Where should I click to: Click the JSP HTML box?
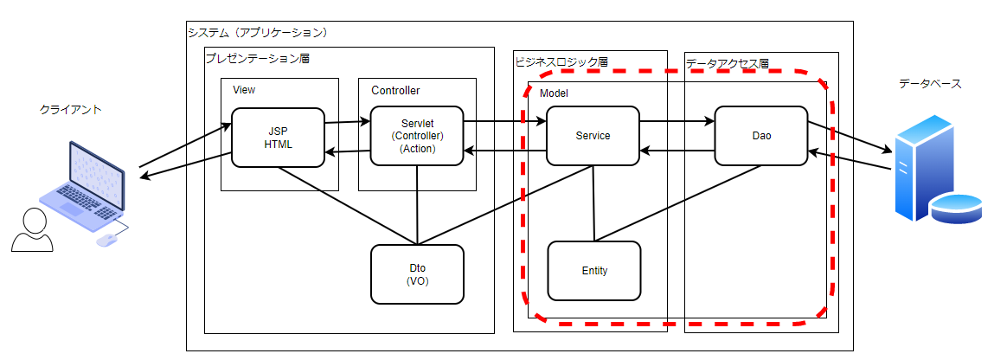[x=277, y=137]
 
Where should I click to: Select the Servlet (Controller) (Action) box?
[x=417, y=136]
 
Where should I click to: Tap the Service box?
[x=593, y=136]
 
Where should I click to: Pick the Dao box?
[x=761, y=136]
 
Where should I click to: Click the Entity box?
[x=594, y=271]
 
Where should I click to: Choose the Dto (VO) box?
[x=417, y=274]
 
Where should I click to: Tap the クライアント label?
[x=71, y=110]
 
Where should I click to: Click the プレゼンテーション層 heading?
[x=257, y=59]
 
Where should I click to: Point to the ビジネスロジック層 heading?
[x=561, y=62]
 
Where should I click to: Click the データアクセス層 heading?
[x=727, y=63]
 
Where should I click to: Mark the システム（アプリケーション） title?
[x=258, y=33]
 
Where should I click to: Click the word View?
[x=244, y=90]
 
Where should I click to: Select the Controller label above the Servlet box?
[x=395, y=90]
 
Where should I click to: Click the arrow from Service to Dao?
[x=677, y=121]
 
